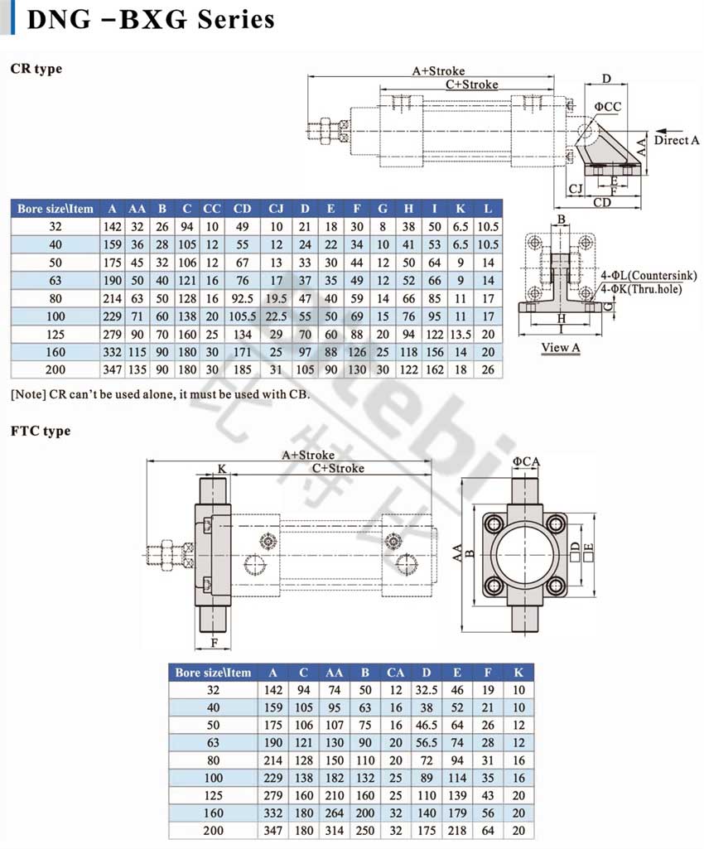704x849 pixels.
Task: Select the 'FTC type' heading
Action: coord(41,431)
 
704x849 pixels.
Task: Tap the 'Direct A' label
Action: coord(676,140)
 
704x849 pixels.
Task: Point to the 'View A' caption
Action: coord(561,347)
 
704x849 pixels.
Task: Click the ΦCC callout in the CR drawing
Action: coord(607,107)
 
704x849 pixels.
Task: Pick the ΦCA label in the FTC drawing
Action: coord(527,461)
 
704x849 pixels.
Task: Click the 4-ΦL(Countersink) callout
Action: coord(649,275)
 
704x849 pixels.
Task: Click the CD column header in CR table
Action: coord(242,209)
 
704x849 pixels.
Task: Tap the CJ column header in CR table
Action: coord(276,209)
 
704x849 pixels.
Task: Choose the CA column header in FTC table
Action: coord(395,673)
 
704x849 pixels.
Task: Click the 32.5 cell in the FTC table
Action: coord(427,689)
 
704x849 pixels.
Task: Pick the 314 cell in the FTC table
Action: coord(334,831)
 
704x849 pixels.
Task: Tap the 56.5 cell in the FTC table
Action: coord(427,743)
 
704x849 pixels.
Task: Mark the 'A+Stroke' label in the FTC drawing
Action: coord(308,455)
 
